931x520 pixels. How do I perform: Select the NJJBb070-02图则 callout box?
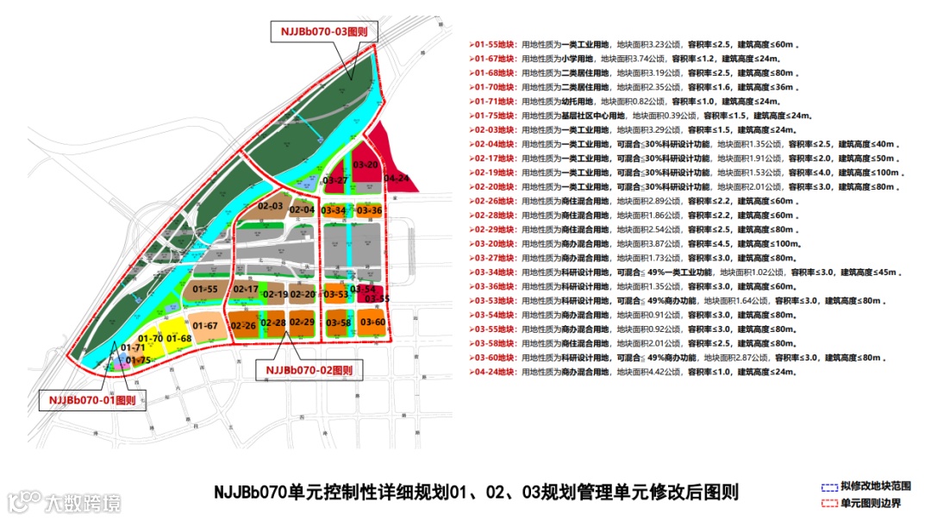pos(310,370)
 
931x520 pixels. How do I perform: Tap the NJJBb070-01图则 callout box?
pos(92,400)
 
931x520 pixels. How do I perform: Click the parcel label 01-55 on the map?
pos(204,289)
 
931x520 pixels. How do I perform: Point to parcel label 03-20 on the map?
pos(366,164)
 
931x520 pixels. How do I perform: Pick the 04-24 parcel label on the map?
pos(397,179)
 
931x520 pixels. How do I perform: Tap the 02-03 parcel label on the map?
pos(271,207)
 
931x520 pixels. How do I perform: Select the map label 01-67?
pos(204,325)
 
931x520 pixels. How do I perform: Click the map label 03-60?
pos(373,323)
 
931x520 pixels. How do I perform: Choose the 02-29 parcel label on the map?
pos(302,323)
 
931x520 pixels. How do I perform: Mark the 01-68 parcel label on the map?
pos(179,338)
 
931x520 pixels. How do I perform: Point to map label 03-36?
pos(369,210)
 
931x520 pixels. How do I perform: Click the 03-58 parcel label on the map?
pos(338,323)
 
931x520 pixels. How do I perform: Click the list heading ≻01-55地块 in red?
pos(494,44)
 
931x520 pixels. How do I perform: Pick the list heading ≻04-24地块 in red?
pos(494,373)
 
